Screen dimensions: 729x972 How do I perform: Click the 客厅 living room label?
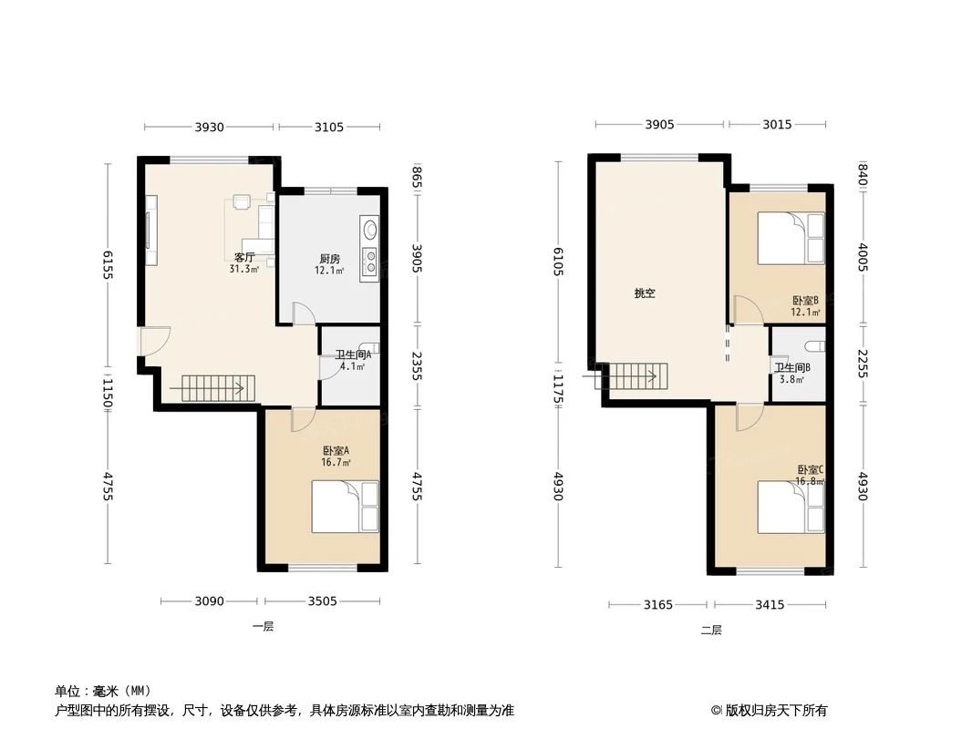[x=244, y=258]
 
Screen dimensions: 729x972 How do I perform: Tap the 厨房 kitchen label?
[x=330, y=258]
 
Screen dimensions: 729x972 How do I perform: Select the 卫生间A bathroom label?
[x=351, y=355]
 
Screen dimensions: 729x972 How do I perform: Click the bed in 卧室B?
[x=791, y=239]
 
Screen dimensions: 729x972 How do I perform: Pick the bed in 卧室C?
[x=791, y=508]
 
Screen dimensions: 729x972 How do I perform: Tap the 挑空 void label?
[x=645, y=293]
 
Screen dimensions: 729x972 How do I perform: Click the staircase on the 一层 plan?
[x=212, y=389]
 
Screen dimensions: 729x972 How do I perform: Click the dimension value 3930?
[x=209, y=128]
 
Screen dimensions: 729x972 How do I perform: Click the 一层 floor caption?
[x=263, y=626]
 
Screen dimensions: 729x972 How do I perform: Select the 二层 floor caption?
[x=711, y=629]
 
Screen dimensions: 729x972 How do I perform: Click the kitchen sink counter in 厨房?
[x=369, y=247]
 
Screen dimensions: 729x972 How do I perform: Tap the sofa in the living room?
[x=265, y=228]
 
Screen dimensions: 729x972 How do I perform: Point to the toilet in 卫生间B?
[x=815, y=346]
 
